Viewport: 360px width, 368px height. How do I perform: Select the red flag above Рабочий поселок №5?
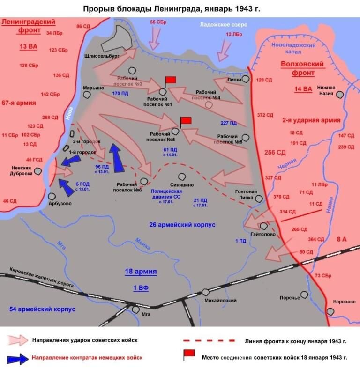point(186,121)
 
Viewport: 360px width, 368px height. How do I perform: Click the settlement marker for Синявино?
point(182,177)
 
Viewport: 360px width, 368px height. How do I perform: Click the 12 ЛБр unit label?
point(234,35)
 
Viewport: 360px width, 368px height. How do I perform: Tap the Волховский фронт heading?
point(297,68)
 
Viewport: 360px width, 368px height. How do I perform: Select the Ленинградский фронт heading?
point(28,26)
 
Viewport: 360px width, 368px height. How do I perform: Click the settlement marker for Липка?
point(246,80)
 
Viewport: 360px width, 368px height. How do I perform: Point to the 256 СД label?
point(275,152)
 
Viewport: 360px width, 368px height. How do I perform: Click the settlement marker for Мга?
point(136,309)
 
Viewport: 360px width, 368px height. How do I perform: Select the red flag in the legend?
point(189,355)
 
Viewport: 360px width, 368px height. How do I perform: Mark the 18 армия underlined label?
point(141,272)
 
